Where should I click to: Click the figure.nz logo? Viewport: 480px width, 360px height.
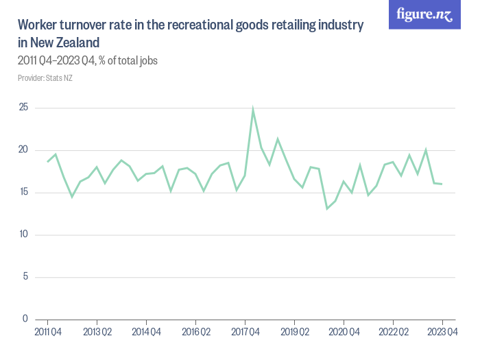point(424,15)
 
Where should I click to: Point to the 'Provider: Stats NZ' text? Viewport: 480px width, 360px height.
point(45,78)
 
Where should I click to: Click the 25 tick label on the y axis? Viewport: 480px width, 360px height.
point(23,108)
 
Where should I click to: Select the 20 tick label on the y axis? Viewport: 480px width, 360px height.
point(23,150)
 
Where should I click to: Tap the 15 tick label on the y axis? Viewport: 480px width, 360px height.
point(23,192)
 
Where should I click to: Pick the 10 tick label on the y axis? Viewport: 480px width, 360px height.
point(23,235)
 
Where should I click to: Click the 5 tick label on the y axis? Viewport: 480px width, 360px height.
point(25,277)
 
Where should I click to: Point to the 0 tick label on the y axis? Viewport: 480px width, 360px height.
point(25,319)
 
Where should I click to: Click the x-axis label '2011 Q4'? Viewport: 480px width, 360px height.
point(47,333)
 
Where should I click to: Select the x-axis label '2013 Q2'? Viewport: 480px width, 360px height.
point(97,333)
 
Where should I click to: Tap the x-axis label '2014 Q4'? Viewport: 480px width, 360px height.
point(146,333)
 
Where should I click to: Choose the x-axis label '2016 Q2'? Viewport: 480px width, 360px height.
point(195,333)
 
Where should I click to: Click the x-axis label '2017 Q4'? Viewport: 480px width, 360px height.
point(245,333)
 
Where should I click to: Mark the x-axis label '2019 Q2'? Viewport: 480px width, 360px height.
point(294,333)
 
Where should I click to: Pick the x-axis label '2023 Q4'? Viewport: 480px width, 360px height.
point(442,333)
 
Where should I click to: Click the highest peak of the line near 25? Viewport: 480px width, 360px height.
point(253,109)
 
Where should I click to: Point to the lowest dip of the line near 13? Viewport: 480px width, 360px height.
point(327,208)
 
